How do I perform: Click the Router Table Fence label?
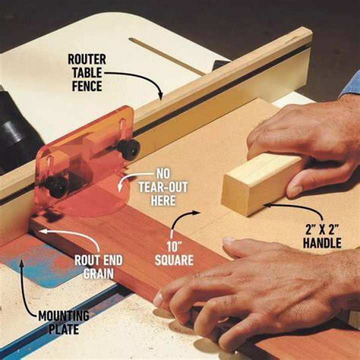pyautogui.click(x=87, y=72)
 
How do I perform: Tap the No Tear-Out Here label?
pyautogui.click(x=163, y=187)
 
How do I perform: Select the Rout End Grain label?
pyautogui.click(x=98, y=267)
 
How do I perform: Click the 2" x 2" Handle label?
pyautogui.click(x=322, y=236)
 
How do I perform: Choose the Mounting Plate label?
pyautogui.click(x=63, y=322)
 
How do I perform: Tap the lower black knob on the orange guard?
pyautogui.click(x=56, y=185)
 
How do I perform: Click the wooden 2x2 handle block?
pyautogui.click(x=261, y=183)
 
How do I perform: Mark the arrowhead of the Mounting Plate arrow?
pyautogui.click(x=22, y=262)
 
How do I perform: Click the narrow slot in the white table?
pyautogui.click(x=167, y=56)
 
